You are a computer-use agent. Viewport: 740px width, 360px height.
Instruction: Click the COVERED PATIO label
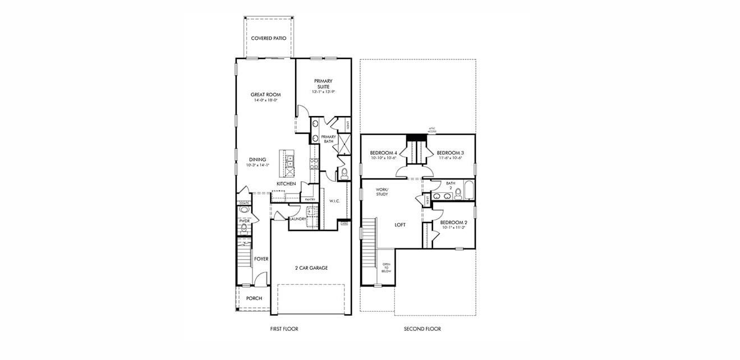pos(269,39)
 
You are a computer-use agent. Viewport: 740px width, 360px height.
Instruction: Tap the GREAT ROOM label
pos(265,95)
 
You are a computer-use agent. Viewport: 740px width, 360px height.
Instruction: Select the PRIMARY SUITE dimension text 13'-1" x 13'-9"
pos(323,92)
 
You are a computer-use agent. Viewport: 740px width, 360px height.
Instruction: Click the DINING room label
pos(258,159)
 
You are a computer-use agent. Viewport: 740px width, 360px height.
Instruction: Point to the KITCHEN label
pos(286,184)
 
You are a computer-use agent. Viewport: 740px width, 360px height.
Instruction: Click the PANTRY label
pos(309,199)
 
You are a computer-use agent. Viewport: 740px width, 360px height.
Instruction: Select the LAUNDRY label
pos(298,219)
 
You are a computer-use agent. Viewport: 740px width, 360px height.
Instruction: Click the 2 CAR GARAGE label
pos(311,268)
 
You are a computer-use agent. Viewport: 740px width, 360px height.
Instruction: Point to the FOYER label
pos(261,259)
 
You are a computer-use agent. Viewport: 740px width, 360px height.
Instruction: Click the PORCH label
pos(254,298)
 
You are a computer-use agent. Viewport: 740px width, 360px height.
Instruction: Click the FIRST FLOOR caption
pos(284,329)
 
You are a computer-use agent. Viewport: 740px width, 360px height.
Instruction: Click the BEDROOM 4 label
pos(384,153)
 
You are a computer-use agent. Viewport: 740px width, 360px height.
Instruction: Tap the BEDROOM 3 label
pos(450,153)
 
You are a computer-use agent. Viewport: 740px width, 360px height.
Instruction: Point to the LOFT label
pos(400,225)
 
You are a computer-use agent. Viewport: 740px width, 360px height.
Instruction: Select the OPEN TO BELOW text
pos(387,267)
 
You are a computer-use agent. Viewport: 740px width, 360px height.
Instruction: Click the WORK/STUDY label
pos(382,192)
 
